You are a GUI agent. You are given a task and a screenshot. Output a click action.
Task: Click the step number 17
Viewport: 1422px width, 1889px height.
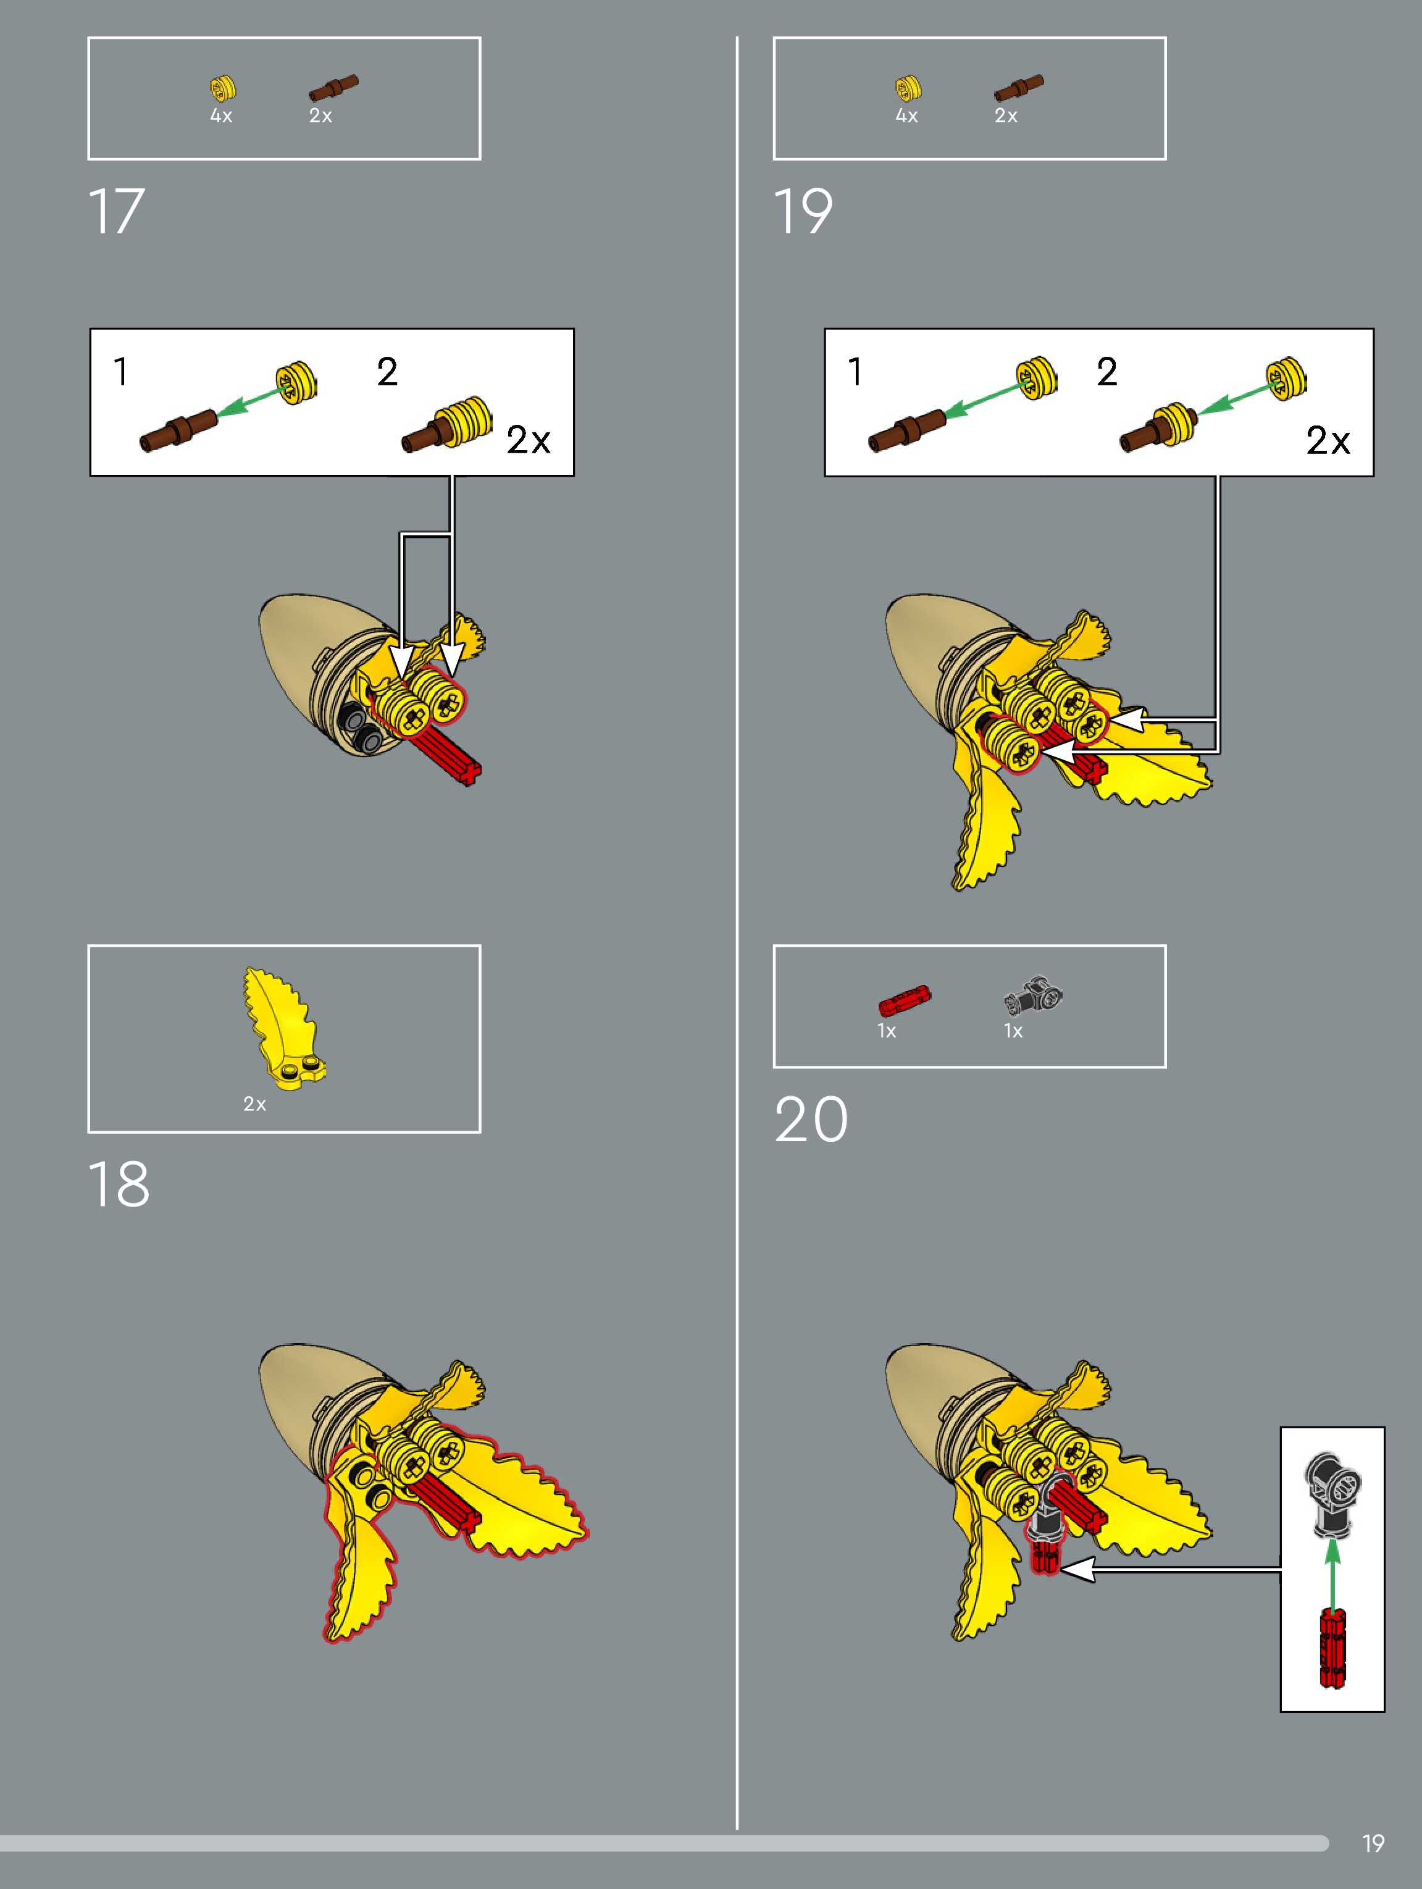point(117,211)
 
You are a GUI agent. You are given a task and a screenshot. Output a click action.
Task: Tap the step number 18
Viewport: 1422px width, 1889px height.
point(119,1184)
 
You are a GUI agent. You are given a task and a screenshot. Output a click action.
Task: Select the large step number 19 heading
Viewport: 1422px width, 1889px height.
point(803,211)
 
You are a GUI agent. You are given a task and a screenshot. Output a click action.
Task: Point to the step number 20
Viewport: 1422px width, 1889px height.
point(811,1120)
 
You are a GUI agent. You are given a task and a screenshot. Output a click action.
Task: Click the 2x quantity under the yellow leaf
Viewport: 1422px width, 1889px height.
point(254,1104)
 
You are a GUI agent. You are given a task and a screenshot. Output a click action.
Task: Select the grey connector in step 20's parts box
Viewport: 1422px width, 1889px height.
point(1034,995)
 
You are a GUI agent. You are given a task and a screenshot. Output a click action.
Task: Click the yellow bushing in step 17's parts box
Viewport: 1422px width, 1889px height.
point(223,87)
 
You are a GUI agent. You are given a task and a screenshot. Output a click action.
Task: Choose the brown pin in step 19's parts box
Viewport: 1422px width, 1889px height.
point(1018,87)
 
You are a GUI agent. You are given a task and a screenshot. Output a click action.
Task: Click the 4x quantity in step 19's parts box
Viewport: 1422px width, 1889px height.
point(906,116)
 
